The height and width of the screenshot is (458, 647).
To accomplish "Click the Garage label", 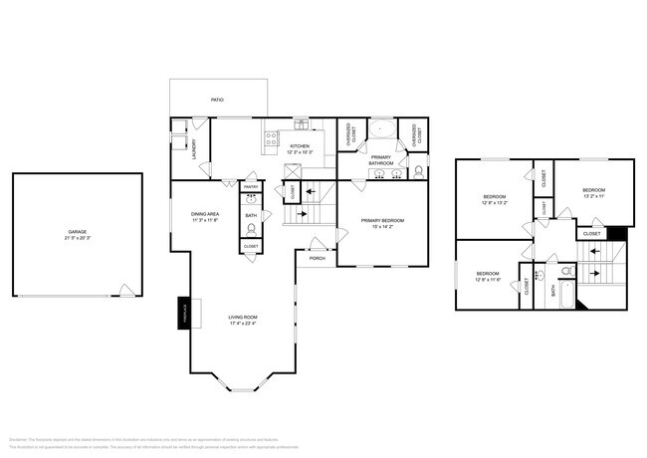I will coord(77,231).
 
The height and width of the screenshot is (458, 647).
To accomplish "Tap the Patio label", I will coord(217,100).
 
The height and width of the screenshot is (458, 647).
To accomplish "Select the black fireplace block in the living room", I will coord(183,311).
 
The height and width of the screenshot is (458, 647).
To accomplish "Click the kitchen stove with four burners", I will coord(269,141).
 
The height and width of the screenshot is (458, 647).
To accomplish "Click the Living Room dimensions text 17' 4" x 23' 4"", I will coord(243,323).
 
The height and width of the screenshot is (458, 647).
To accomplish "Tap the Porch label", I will coord(317,258).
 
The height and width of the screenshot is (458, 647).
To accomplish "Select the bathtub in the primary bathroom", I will coord(381,129).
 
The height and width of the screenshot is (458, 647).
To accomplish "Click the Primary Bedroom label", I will coord(381,219).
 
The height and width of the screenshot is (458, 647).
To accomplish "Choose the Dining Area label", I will coord(205,213).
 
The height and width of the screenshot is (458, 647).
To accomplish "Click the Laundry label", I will coord(193,145).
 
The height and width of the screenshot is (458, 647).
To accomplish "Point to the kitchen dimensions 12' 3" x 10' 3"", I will coord(300,152).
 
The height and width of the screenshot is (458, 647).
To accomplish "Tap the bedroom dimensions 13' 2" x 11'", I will coord(593,196).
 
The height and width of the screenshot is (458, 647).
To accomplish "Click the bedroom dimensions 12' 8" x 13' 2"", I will coord(494,204).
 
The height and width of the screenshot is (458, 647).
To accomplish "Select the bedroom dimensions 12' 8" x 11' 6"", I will coord(487,280).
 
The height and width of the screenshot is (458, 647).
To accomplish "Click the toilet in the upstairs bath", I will coord(563,270).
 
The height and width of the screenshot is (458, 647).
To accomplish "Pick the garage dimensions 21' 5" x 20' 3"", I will coord(77,239).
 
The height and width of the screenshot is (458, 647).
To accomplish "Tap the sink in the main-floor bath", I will coord(251,200).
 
